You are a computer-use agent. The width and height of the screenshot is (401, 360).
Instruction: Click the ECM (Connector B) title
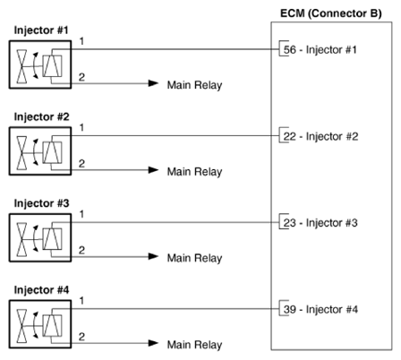tap(331, 13)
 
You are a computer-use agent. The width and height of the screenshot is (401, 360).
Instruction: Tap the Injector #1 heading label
tap(41, 30)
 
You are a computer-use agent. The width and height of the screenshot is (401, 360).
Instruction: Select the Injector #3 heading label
tap(41, 203)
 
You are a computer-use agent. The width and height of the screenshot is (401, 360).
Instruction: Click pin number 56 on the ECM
tap(290, 49)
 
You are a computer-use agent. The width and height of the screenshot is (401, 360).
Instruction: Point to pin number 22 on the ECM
tap(290, 136)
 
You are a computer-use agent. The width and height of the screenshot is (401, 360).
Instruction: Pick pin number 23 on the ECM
tap(290, 223)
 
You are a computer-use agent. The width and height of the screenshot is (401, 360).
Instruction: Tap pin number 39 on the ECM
tap(290, 309)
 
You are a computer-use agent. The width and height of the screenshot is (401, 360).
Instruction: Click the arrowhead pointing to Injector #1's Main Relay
tap(153, 83)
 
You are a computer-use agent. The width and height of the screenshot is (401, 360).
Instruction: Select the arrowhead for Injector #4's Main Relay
tap(153, 343)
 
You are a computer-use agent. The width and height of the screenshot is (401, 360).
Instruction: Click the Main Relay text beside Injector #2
tap(194, 172)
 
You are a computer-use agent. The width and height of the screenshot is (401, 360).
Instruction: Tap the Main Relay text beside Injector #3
tap(194, 258)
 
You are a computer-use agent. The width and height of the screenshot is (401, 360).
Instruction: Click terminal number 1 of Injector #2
tap(81, 128)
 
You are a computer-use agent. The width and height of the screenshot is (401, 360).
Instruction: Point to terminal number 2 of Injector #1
tap(81, 77)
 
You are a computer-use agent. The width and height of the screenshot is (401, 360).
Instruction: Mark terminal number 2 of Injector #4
tap(81, 337)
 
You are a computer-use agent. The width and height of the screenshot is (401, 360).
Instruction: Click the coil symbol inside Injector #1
tap(52, 66)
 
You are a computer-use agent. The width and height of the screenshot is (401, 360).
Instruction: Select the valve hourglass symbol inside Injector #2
tap(21, 153)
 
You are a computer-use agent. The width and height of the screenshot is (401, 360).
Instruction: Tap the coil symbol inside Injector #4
tap(52, 326)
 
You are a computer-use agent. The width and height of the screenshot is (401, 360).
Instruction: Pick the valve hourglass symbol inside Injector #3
tap(21, 239)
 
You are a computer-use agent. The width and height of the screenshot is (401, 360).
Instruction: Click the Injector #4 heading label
tap(41, 290)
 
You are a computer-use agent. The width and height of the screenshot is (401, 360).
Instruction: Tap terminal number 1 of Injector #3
tap(81, 214)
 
